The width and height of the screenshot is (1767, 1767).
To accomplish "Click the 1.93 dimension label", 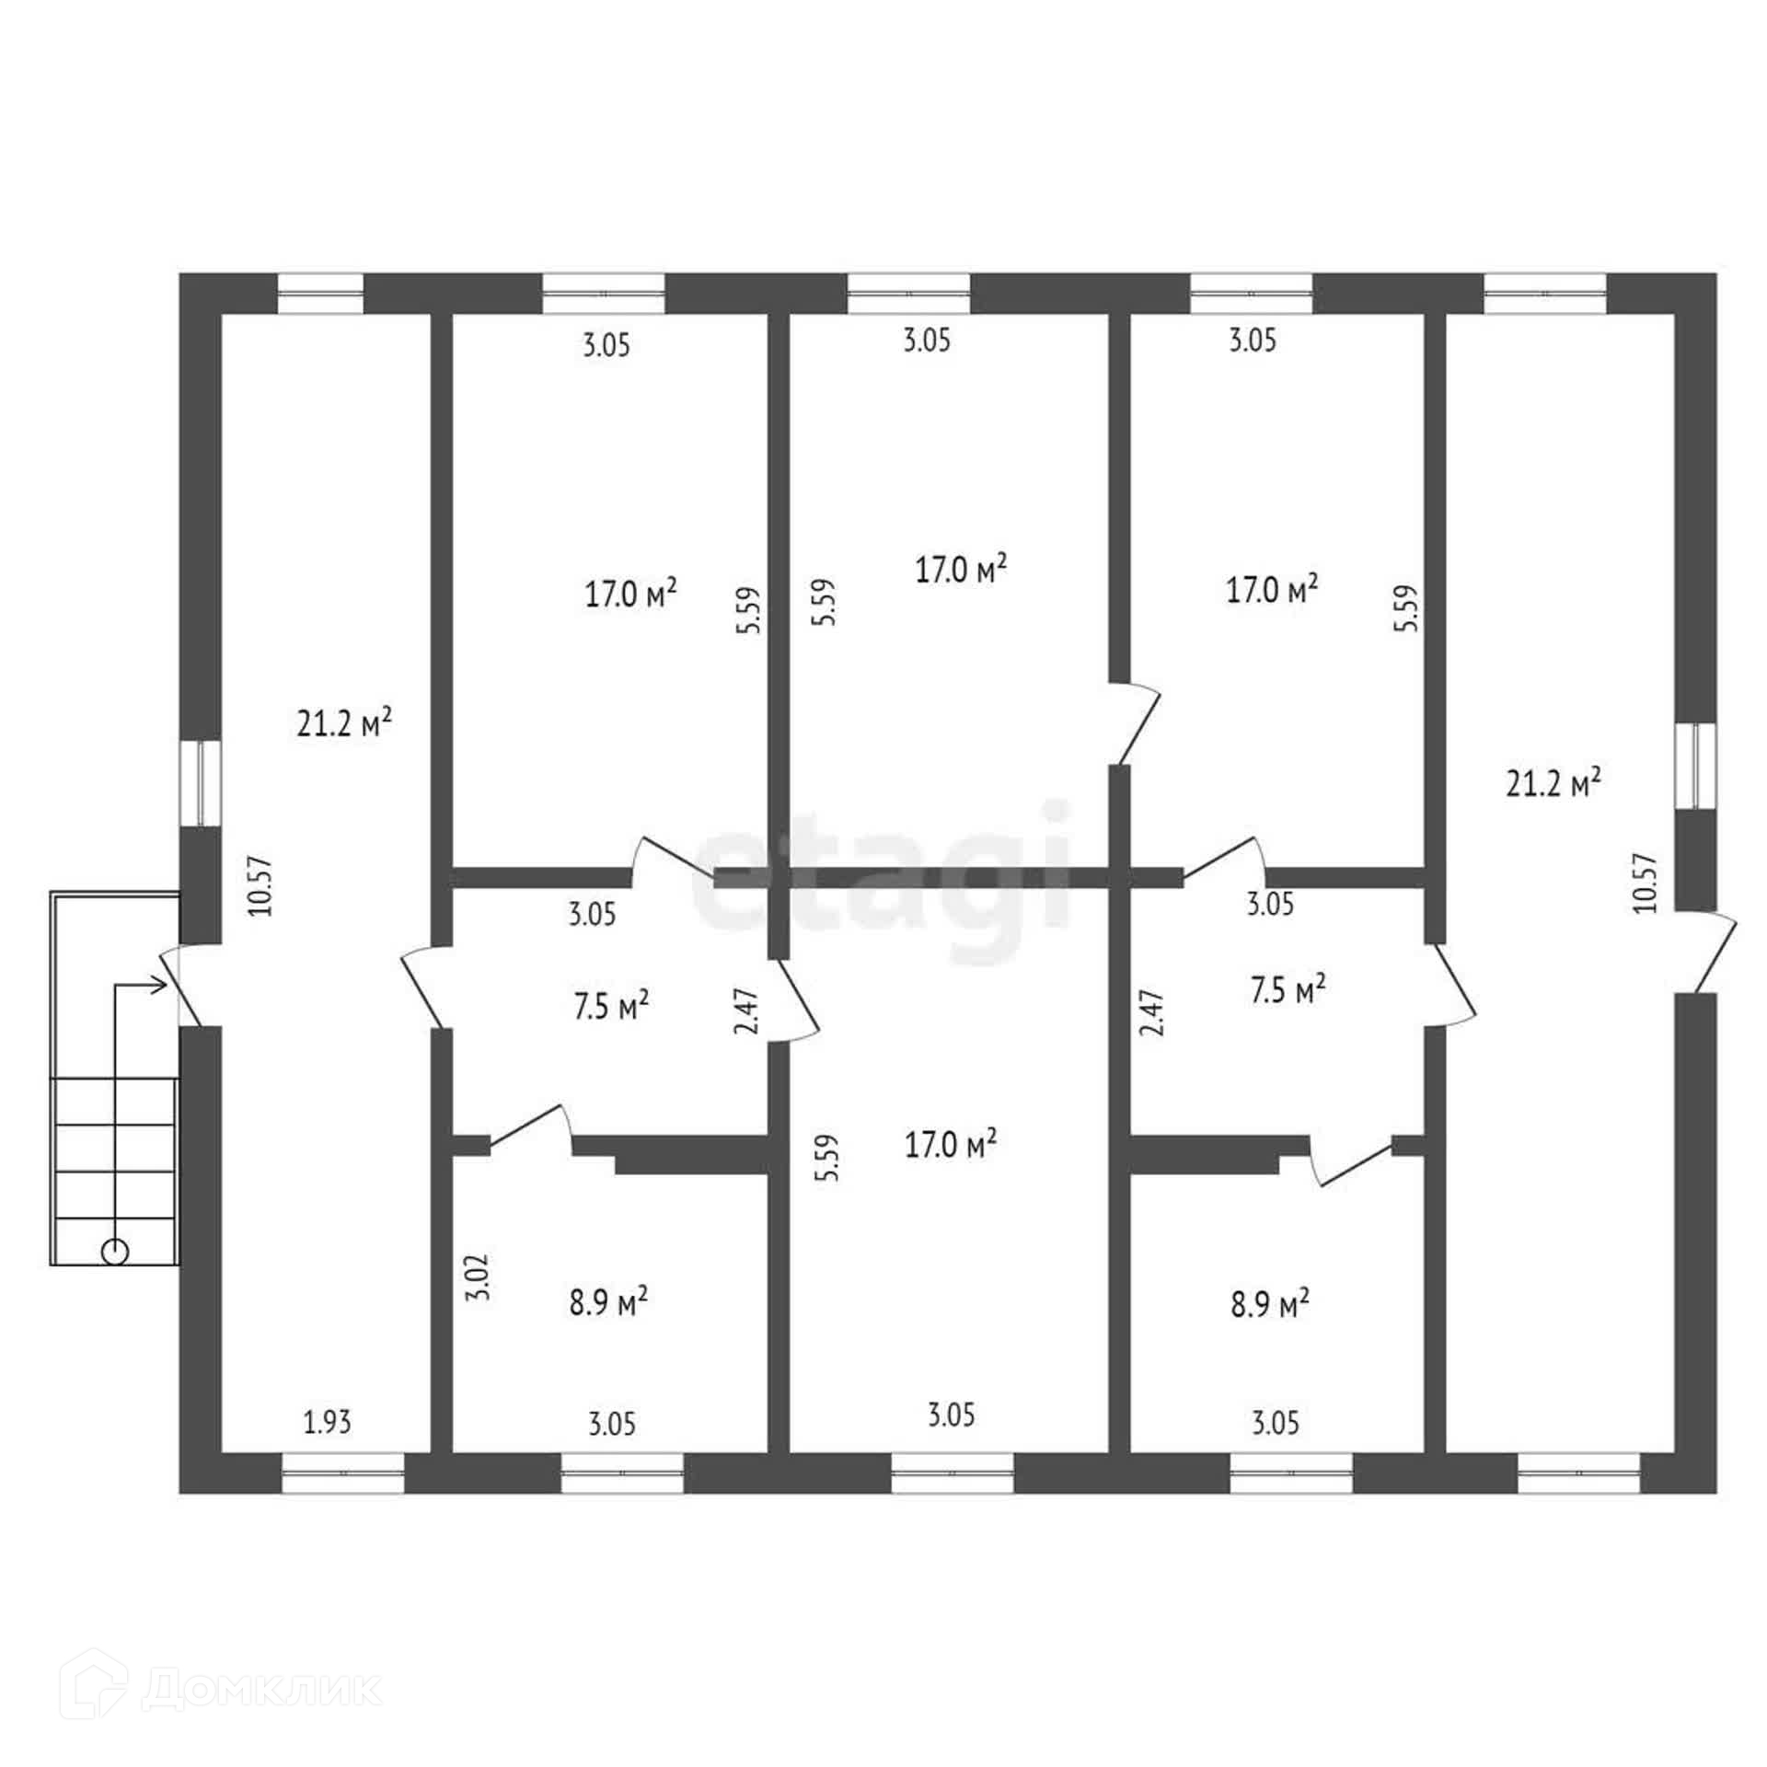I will coord(328,1422).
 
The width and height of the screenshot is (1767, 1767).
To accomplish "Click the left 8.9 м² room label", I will coord(608,1302).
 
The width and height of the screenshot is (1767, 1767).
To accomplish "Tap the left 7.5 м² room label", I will coord(612,1005).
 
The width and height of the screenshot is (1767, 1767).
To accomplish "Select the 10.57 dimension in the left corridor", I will coord(261,885).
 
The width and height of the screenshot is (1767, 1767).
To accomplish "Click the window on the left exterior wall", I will coord(200,783).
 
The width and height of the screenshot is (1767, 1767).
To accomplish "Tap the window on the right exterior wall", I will coord(1695,766).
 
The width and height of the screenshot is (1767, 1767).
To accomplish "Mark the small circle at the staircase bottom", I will coord(115,1250).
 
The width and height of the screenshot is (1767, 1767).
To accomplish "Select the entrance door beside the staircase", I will coord(184,987).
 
